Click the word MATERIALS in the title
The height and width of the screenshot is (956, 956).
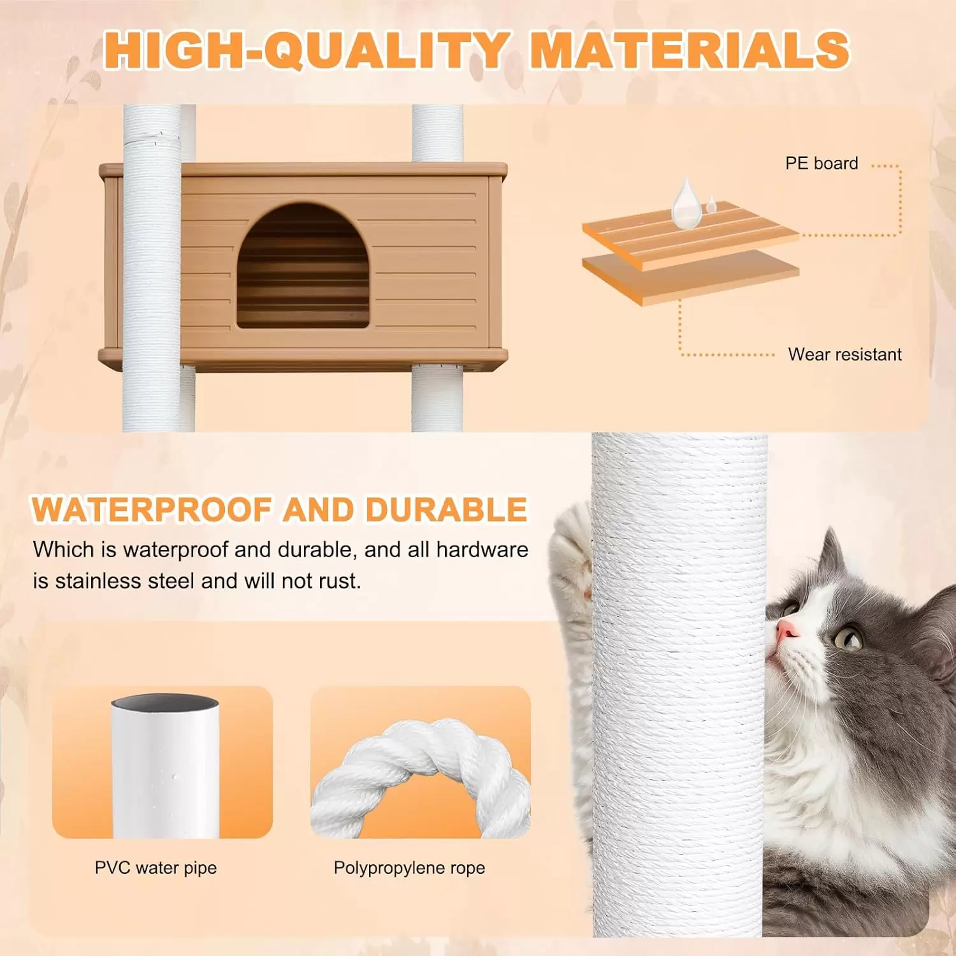[x=690, y=50]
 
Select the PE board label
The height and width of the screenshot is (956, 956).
[x=822, y=163]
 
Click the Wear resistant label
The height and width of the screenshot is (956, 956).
[x=845, y=354]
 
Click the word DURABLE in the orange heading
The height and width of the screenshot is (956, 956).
[x=446, y=510]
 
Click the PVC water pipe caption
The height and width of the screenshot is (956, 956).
[x=156, y=867]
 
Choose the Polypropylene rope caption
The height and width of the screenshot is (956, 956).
[x=409, y=867]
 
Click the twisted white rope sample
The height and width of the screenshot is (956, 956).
[x=421, y=774]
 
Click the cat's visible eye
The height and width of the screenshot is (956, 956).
[x=848, y=637]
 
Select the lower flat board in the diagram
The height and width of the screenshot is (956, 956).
[x=691, y=277]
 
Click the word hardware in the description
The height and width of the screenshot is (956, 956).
[x=482, y=549]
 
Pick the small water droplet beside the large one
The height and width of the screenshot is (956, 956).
[x=711, y=205]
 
